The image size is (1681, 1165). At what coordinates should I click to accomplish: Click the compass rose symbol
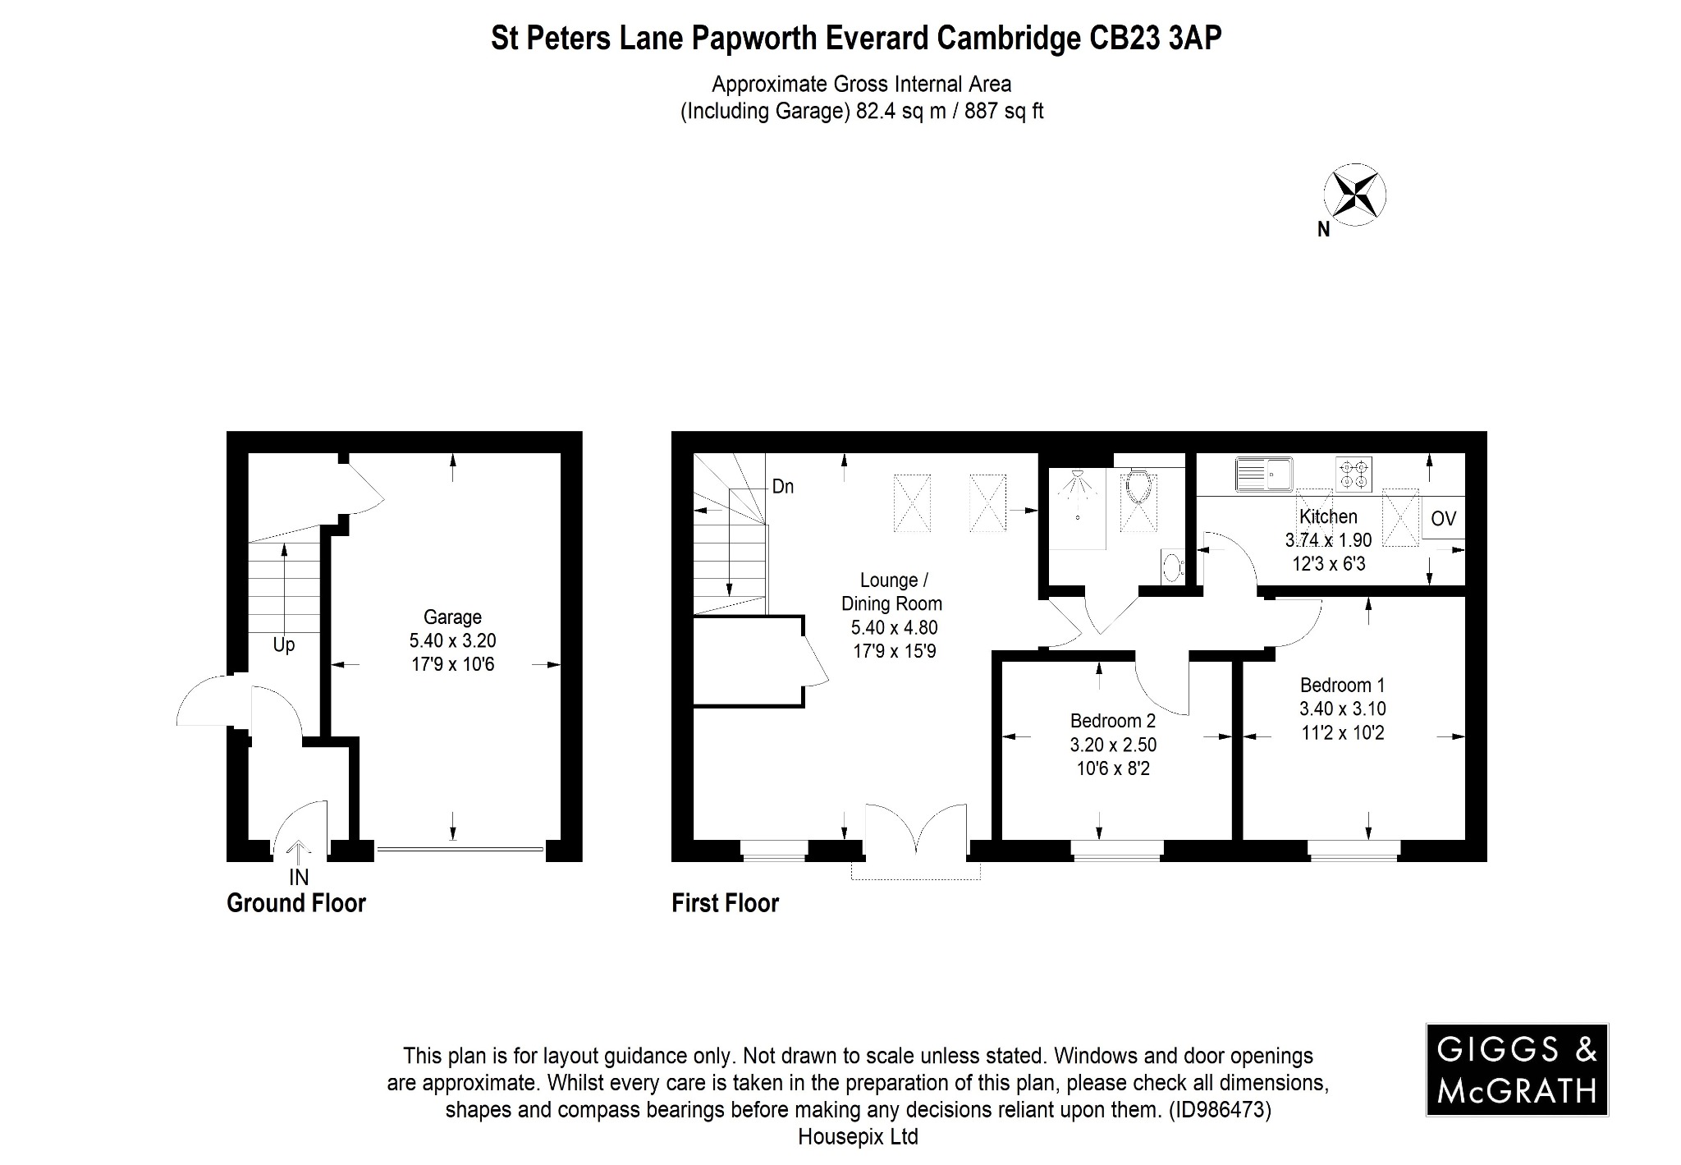pyautogui.click(x=1354, y=195)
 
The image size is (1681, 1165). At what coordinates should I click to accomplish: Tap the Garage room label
pyautogui.click(x=452, y=617)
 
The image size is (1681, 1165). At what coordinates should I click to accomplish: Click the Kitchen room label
pyautogui.click(x=1328, y=516)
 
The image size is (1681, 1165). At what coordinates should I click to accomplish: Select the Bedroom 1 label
pyautogui.click(x=1342, y=685)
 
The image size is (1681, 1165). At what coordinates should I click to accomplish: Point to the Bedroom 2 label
pyautogui.click(x=1112, y=721)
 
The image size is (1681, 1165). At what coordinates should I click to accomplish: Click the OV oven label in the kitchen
pyautogui.click(x=1443, y=519)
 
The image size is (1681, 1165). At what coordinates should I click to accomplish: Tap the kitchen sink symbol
pyautogui.click(x=1263, y=473)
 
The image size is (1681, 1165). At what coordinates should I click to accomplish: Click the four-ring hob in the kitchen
pyautogui.click(x=1354, y=474)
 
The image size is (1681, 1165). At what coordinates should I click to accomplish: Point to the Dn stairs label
pyautogui.click(x=783, y=487)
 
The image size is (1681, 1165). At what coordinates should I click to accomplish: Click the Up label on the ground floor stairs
pyautogui.click(x=284, y=645)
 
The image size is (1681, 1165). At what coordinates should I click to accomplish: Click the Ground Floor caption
pyautogui.click(x=295, y=904)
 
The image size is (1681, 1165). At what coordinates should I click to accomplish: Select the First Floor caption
pyautogui.click(x=725, y=904)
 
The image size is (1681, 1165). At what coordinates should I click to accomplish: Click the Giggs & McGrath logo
pyautogui.click(x=1517, y=1069)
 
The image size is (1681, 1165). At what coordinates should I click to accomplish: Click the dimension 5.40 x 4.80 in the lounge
pyautogui.click(x=894, y=628)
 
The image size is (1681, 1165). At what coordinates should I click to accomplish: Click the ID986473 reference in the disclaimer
pyautogui.click(x=1218, y=1111)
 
